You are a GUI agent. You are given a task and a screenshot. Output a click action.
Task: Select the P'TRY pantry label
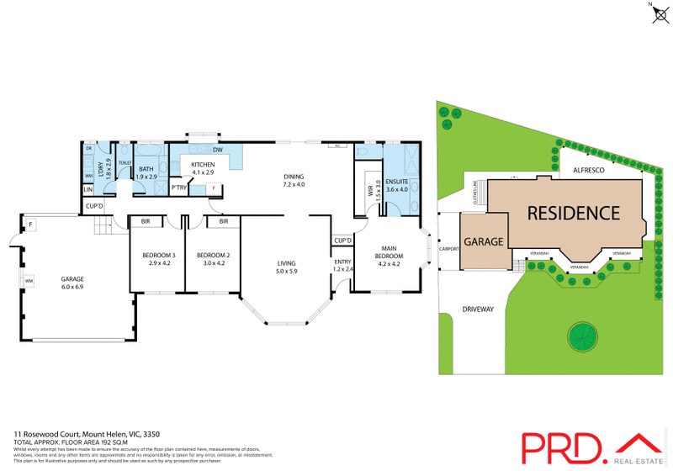pos(178,188)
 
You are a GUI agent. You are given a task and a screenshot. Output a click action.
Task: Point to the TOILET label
pos(125,162)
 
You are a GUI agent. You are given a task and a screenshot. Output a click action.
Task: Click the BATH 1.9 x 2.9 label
pos(147,173)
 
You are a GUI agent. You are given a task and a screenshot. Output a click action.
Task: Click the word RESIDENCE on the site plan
pos(573,213)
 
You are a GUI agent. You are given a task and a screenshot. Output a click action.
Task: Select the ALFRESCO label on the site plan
pos(589,169)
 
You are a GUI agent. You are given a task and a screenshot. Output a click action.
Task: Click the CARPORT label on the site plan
pos(448,250)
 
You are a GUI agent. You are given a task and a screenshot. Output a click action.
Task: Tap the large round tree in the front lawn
pos(583,338)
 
